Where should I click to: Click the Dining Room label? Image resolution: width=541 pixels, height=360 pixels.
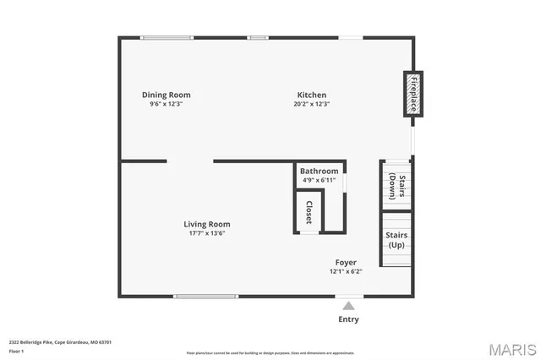(x=166, y=95)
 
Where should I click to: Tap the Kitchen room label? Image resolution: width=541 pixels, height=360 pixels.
(x=311, y=95)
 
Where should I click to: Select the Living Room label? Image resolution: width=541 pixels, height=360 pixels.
(x=207, y=224)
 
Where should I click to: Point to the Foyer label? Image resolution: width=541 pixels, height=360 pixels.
(x=346, y=263)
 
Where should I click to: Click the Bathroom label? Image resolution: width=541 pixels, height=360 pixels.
(x=320, y=171)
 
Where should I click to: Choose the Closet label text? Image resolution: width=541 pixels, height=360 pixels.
(x=309, y=212)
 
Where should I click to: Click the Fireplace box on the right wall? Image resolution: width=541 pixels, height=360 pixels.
(x=414, y=94)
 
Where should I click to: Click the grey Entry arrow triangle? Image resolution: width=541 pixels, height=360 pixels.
(x=348, y=305)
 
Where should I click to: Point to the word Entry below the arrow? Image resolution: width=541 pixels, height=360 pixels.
(x=348, y=319)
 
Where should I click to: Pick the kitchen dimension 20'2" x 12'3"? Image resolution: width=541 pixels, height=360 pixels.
(x=311, y=105)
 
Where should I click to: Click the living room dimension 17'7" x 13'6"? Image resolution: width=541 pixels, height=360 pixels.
(x=207, y=234)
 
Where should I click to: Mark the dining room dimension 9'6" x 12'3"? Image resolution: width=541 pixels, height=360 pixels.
(x=167, y=105)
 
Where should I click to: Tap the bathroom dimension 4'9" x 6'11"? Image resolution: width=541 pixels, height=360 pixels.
(x=320, y=180)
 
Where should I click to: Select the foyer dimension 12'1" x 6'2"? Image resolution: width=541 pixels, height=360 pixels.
(x=346, y=272)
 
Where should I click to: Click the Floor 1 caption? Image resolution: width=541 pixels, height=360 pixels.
(x=17, y=351)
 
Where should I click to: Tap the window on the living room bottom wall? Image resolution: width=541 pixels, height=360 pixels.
(x=205, y=296)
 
